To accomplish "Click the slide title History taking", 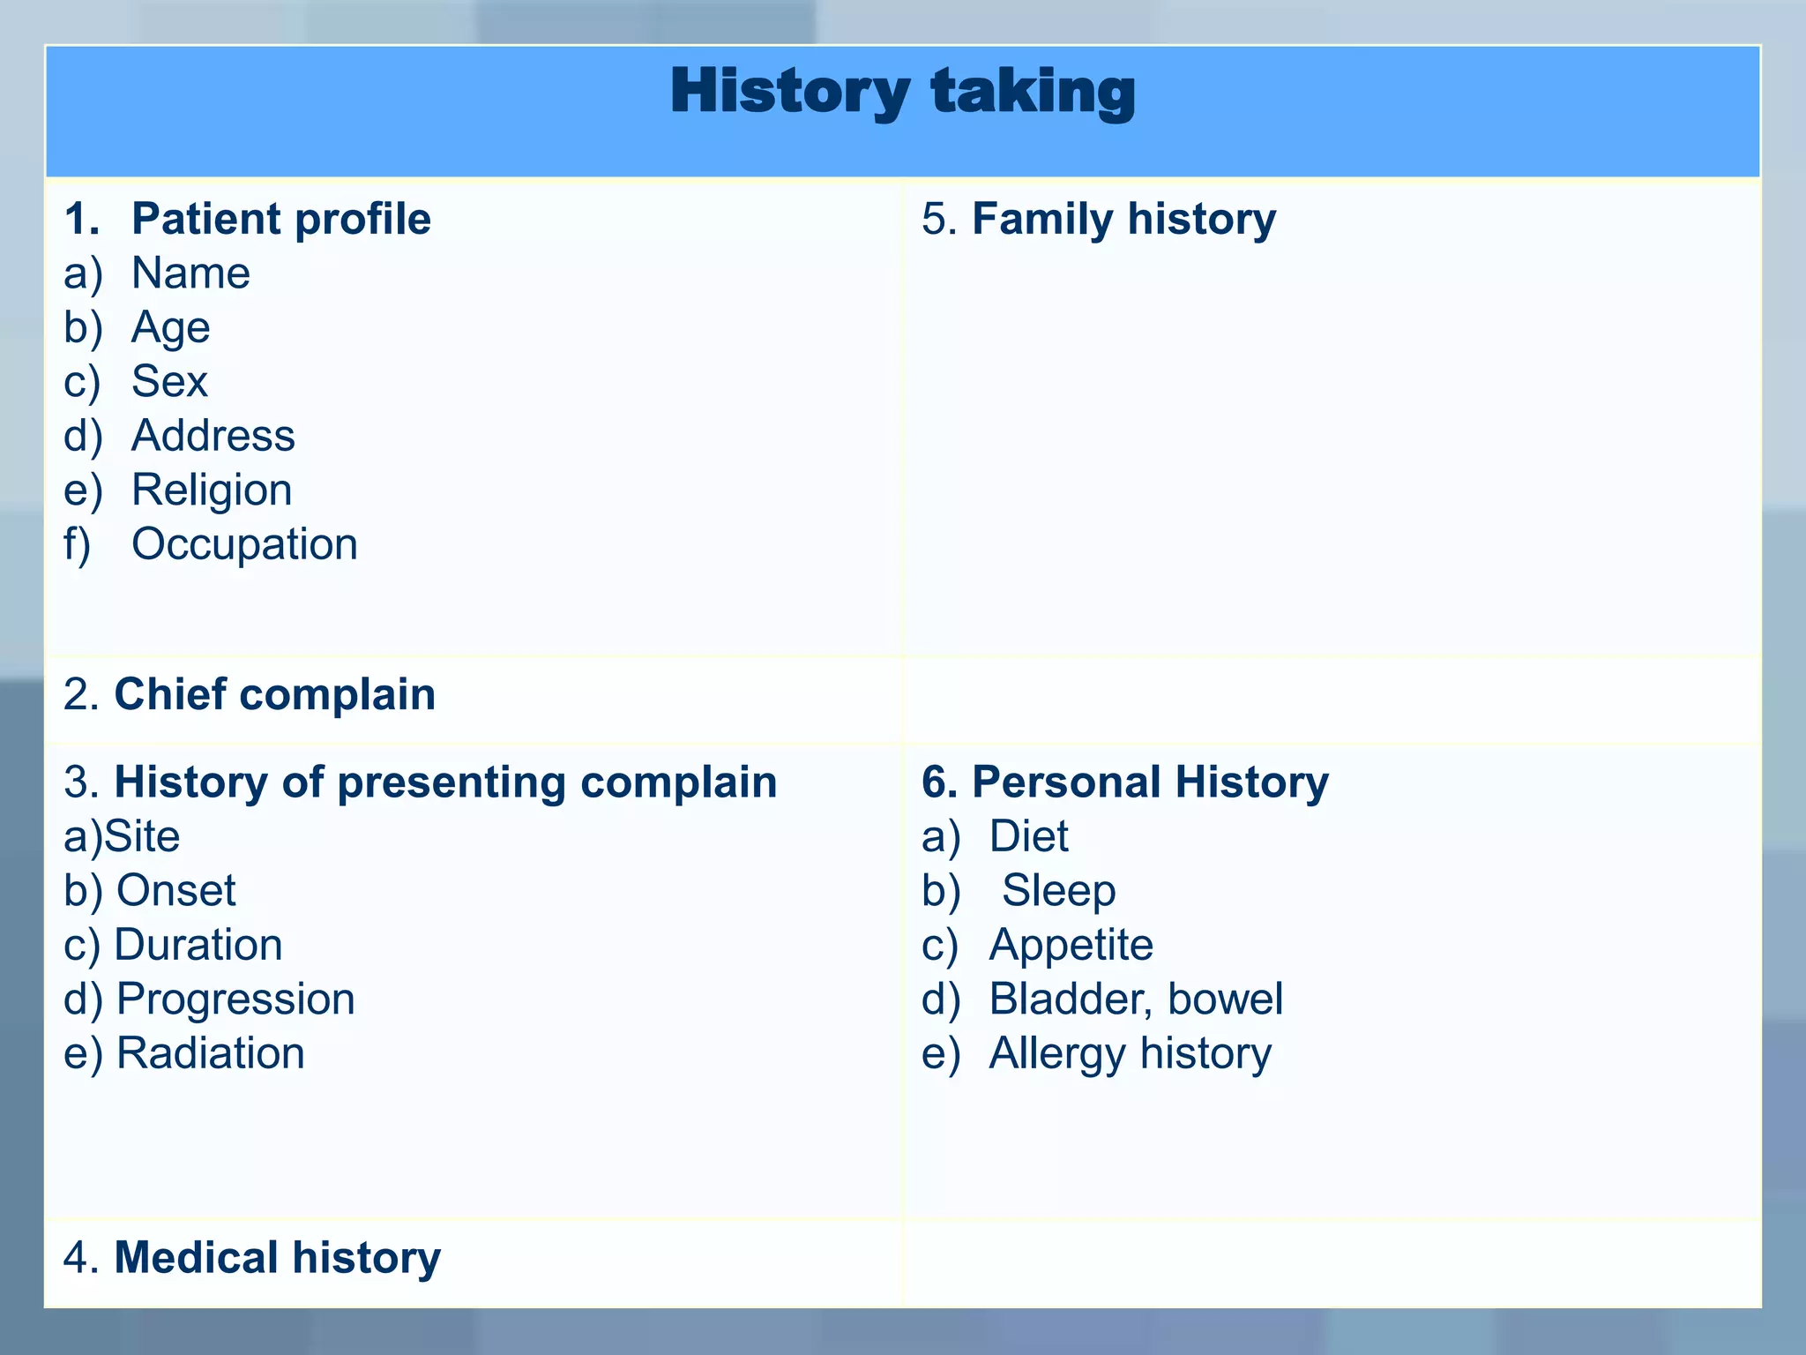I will [x=902, y=93].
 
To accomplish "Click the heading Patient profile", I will [x=280, y=219].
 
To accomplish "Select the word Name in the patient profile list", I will [x=190, y=273].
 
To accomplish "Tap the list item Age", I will [x=170, y=328].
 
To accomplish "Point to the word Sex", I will [x=169, y=382].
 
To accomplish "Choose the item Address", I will [x=213, y=436].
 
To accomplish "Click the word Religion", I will [x=212, y=490].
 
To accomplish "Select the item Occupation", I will [x=244, y=544].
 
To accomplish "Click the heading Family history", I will [x=1123, y=219].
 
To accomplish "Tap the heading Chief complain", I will [x=274, y=694].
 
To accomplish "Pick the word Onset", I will [x=175, y=891].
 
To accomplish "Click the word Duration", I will [x=198, y=945].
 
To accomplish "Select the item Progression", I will [x=235, y=999].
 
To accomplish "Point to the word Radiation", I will [x=210, y=1053].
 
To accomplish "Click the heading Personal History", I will [x=1149, y=782].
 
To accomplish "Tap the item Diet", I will [x=1028, y=836].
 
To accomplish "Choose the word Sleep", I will [x=1058, y=891].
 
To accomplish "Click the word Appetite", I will [x=1071, y=946].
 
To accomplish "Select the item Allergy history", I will [x=1130, y=1053].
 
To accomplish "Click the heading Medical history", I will [x=277, y=1258].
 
